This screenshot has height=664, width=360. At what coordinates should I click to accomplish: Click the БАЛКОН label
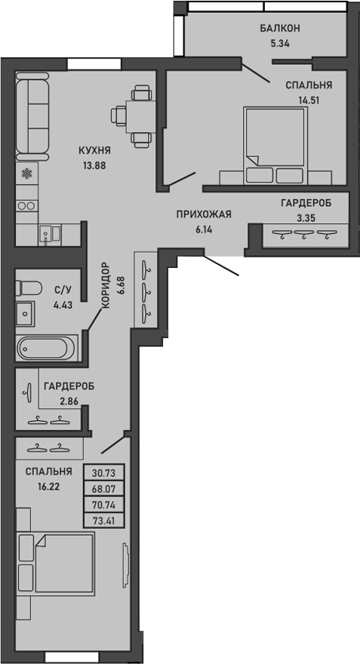280,28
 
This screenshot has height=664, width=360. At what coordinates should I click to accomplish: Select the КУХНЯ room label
95,149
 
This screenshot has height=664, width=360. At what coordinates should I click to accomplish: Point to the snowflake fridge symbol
26,175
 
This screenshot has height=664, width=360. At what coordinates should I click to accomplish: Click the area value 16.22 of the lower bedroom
48,487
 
